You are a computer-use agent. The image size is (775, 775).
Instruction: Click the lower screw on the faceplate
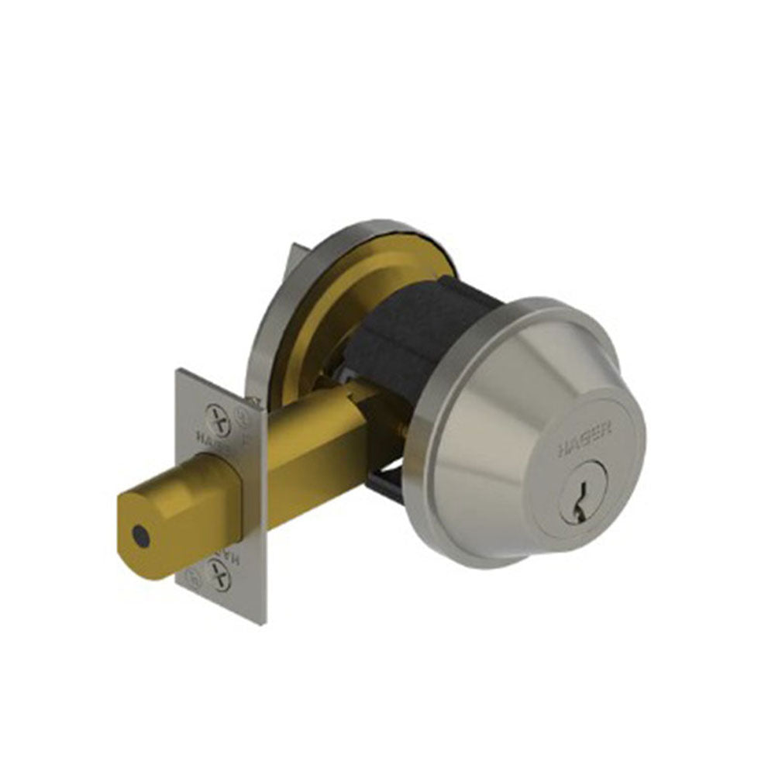pyautogui.click(x=219, y=574)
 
